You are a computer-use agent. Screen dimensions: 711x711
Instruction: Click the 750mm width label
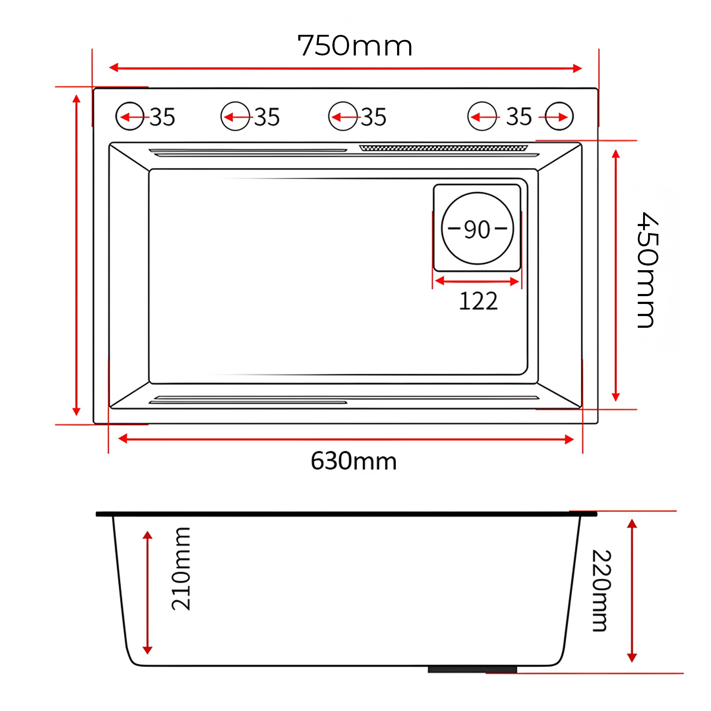click(x=354, y=46)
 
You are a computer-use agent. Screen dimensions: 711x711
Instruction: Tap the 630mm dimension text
click(x=354, y=461)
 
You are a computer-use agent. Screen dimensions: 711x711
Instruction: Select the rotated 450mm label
click(x=647, y=270)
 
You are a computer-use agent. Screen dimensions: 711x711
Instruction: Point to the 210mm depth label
click(x=181, y=569)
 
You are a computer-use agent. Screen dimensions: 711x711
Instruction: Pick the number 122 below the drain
click(x=479, y=301)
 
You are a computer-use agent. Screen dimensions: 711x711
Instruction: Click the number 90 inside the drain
click(x=477, y=229)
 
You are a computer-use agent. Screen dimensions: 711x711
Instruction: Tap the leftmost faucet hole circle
click(x=129, y=116)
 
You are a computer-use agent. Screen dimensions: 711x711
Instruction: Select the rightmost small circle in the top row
click(x=559, y=116)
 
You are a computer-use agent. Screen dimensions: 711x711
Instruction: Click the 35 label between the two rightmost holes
click(x=519, y=117)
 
